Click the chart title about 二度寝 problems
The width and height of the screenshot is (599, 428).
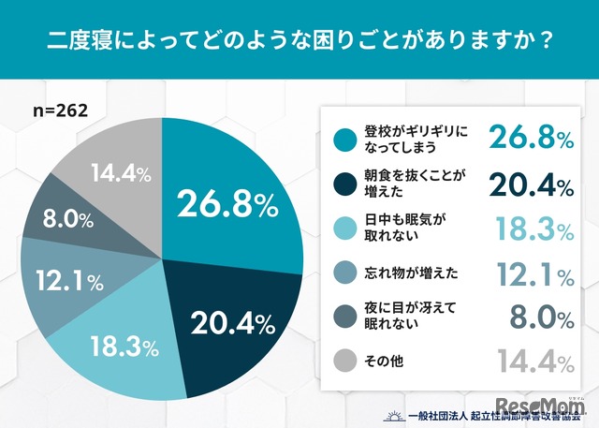coord(299,41)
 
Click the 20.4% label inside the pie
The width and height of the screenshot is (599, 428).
coord(229,324)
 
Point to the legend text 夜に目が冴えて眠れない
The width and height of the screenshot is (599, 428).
coord(397,316)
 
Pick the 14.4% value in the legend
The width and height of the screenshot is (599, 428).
coord(530,359)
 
